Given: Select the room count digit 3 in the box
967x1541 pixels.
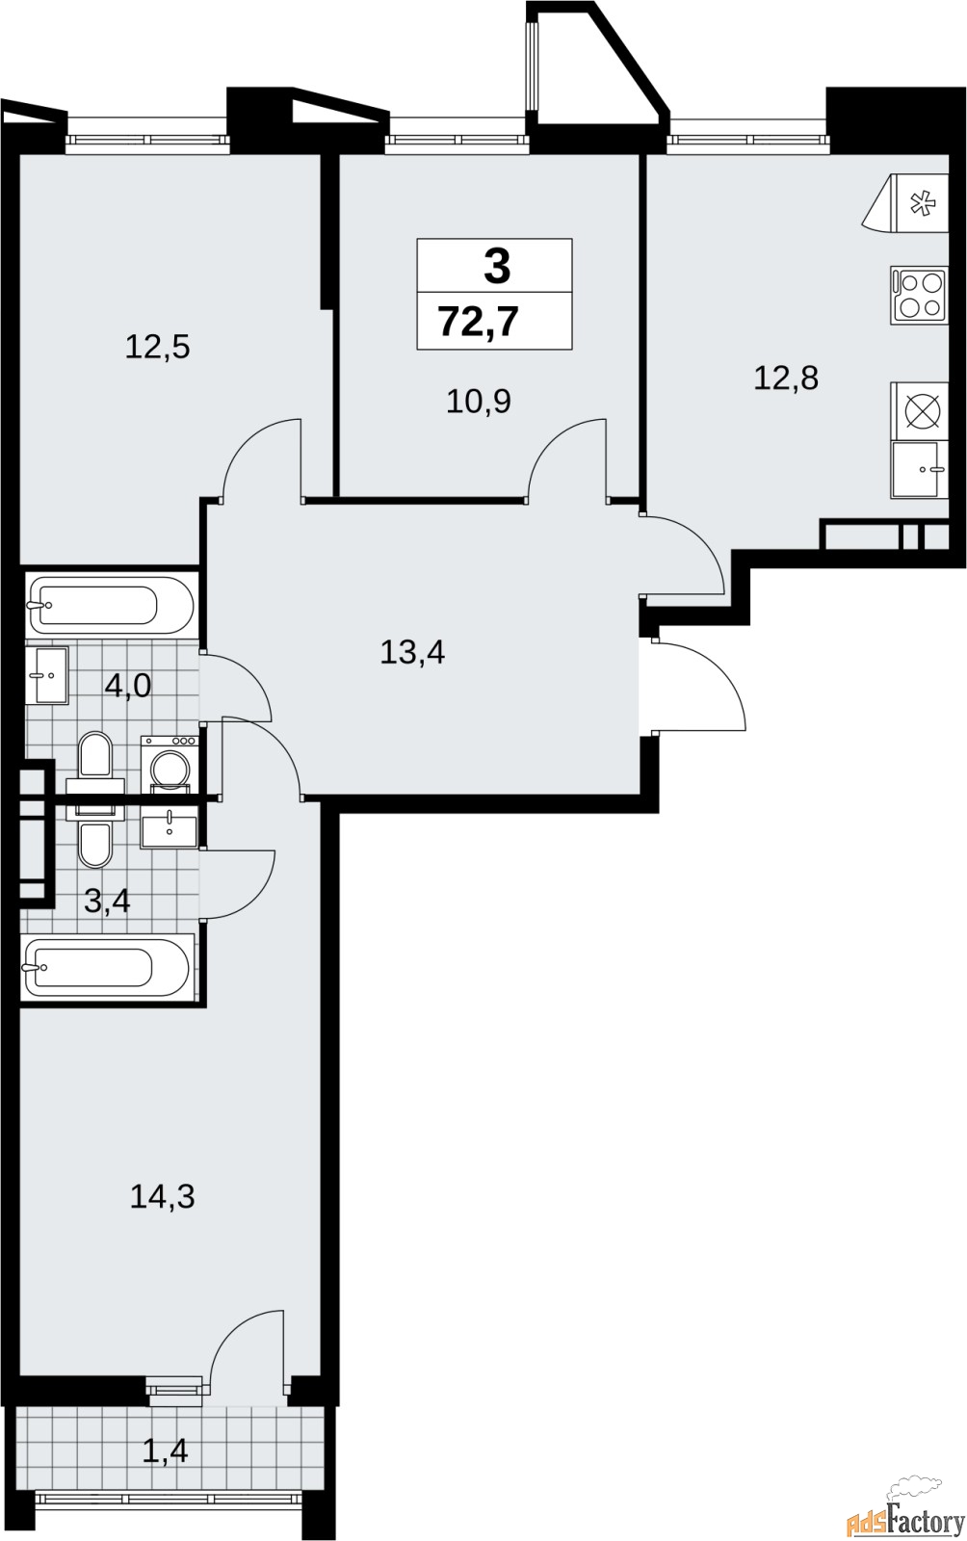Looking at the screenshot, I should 496,266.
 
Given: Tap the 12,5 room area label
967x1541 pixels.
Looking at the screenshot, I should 157,347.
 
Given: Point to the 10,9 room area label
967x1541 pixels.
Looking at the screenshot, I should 478,401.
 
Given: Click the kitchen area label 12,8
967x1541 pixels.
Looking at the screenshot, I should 785,378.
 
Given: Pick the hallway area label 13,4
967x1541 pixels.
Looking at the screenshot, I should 412,652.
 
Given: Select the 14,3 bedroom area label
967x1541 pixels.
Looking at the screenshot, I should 162,1196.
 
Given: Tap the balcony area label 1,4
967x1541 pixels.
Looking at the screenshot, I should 165,1450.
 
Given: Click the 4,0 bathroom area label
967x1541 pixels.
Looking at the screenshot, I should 127,687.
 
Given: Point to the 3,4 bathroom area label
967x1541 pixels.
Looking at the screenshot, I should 107,902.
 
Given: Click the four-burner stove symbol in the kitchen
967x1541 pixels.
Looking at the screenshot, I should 918,296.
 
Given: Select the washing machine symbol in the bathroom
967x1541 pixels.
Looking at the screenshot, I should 170,764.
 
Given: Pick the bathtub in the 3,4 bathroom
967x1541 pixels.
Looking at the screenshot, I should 107,967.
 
